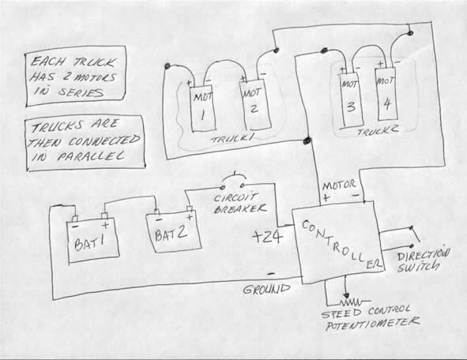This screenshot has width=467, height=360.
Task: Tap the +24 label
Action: tap(267, 237)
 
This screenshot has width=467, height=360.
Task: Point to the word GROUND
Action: tap(266, 289)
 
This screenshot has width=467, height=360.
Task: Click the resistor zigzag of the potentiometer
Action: tap(352, 303)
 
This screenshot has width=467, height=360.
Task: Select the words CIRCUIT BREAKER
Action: tap(239, 204)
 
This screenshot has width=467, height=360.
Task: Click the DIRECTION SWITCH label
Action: tap(423, 261)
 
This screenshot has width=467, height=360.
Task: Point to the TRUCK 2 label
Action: tap(378, 131)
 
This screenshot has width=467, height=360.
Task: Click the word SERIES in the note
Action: tap(81, 92)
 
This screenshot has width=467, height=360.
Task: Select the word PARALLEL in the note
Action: tap(91, 156)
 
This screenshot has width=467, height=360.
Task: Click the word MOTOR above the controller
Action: tap(339, 186)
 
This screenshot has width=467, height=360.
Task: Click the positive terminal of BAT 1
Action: tap(104, 216)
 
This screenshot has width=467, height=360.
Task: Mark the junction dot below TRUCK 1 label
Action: tap(307, 141)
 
